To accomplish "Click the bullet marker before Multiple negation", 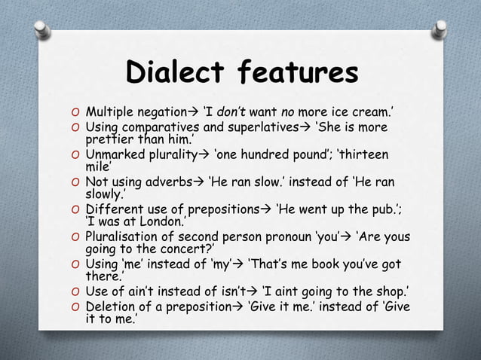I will (x=74, y=114).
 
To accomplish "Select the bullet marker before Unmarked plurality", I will (x=74, y=154).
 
